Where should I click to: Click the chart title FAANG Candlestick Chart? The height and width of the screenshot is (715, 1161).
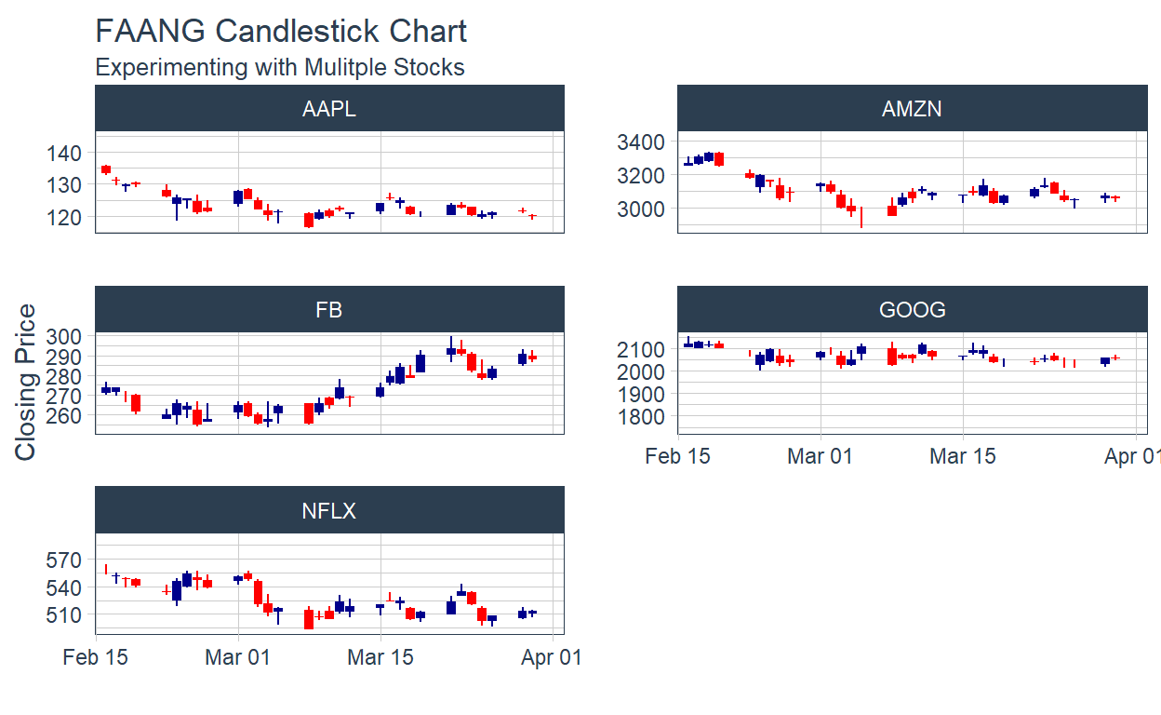(x=281, y=31)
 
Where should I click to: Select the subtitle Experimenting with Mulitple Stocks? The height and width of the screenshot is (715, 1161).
(x=280, y=67)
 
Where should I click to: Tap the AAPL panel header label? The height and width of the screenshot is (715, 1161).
(x=329, y=109)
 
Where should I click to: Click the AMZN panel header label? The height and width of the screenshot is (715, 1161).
(x=912, y=109)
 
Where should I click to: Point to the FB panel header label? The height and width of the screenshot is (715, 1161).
(x=329, y=310)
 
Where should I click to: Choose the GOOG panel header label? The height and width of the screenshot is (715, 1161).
(x=912, y=310)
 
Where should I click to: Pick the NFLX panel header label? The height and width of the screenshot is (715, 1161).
(x=329, y=511)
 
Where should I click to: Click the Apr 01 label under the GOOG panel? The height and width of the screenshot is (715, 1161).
(x=1132, y=456)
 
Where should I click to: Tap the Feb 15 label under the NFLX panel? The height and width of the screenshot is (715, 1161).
(x=96, y=657)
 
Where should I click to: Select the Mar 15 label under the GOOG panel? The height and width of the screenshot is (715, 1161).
(x=963, y=456)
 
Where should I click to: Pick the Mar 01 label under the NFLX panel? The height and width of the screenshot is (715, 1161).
(x=238, y=657)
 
